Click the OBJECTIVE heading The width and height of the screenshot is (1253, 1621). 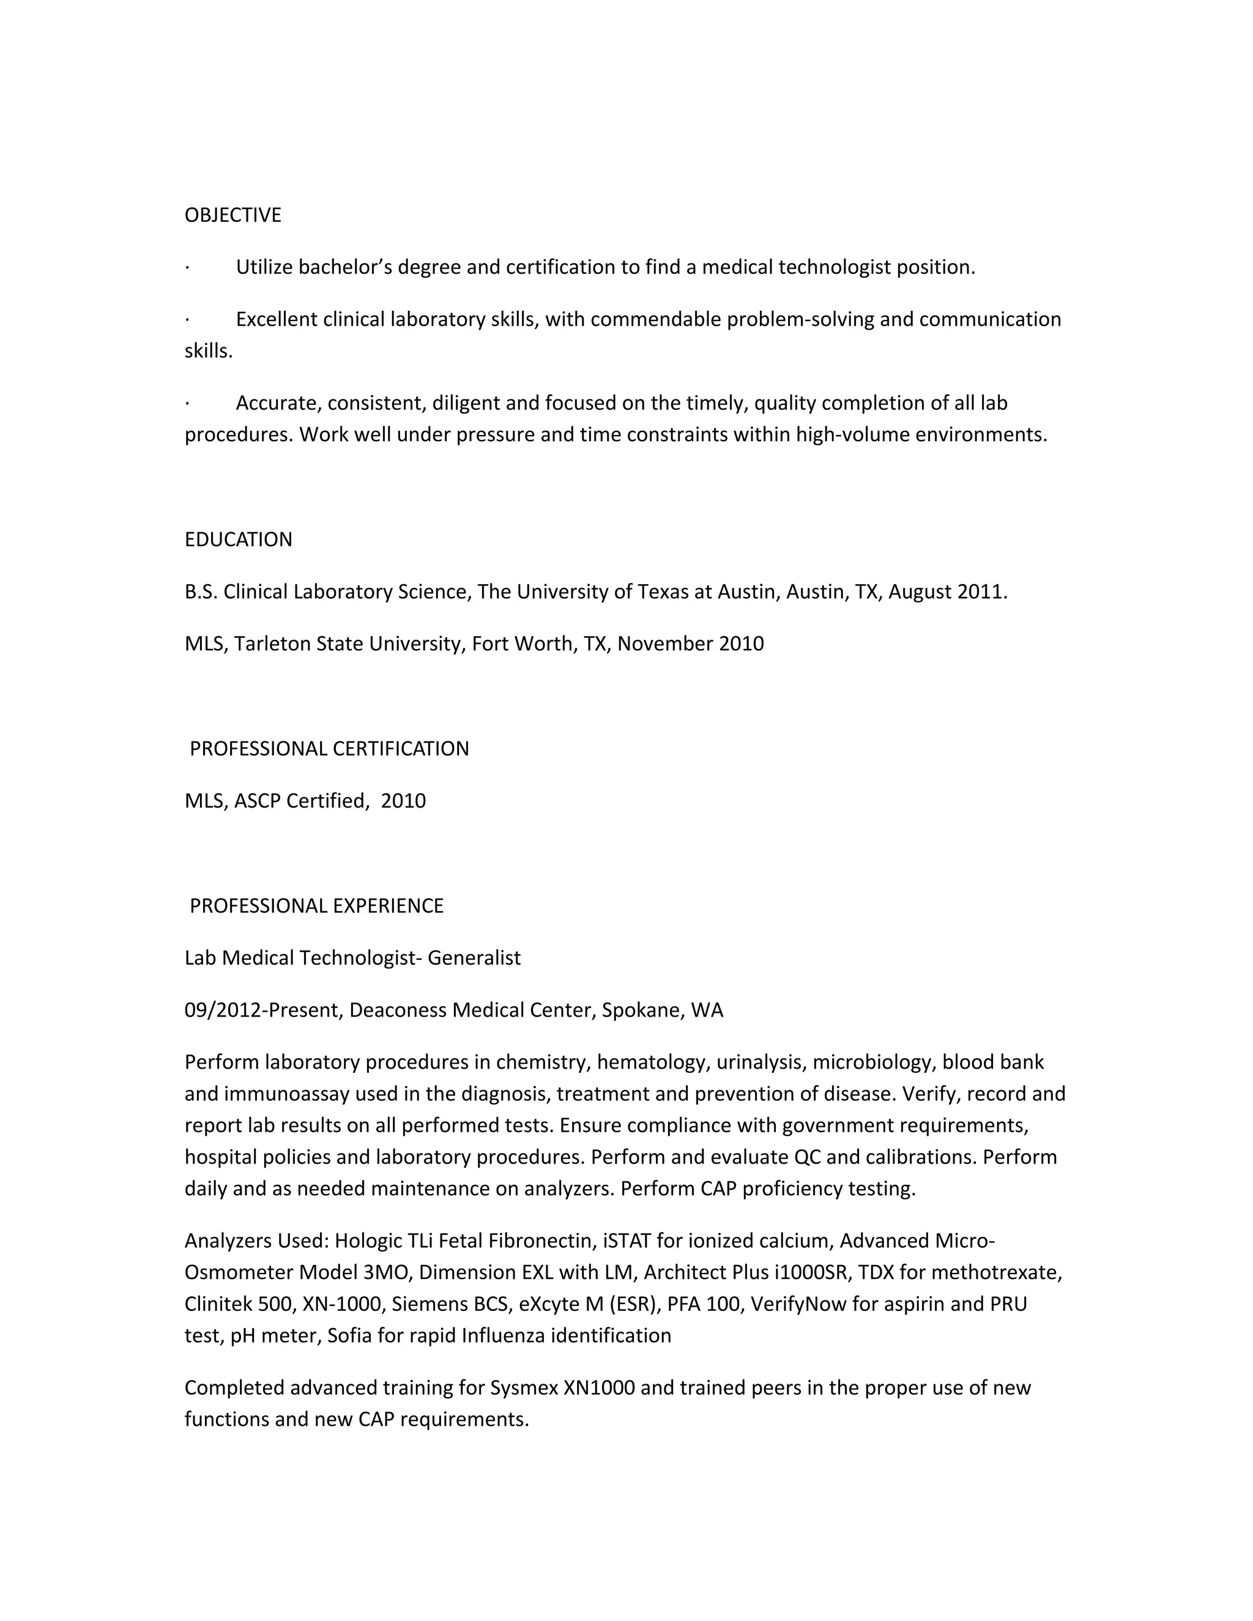pos(232,215)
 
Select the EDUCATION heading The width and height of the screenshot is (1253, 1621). pos(238,540)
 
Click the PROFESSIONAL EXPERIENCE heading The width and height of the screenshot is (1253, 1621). pos(316,907)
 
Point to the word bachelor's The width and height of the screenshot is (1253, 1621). pos(344,267)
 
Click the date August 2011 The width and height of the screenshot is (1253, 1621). pos(946,592)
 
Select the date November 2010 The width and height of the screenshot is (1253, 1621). pos(690,644)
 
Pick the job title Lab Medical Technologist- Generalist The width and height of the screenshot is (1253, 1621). pos(352,958)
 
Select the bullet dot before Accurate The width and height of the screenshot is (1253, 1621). pos(187,404)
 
